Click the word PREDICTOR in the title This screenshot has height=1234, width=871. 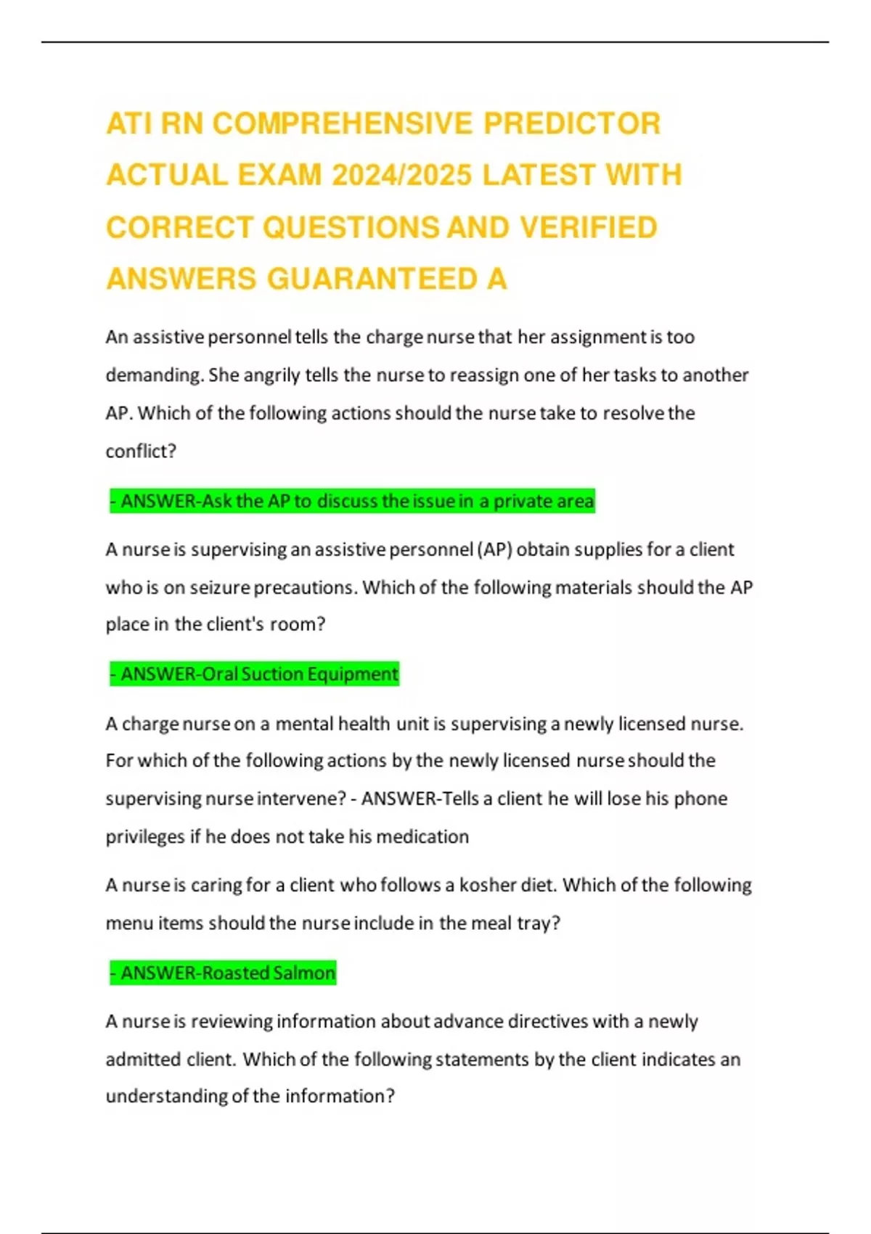[572, 123]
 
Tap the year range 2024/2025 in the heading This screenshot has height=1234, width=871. [401, 175]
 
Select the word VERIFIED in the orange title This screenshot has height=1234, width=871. [589, 227]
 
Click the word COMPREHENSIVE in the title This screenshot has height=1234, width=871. [343, 123]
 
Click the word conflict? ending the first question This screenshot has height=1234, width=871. [141, 451]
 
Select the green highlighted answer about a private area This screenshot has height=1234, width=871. [352, 501]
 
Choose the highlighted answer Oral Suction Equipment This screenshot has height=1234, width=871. [254, 674]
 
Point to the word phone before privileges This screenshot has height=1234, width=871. [700, 798]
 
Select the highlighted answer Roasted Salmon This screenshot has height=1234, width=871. [223, 973]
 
